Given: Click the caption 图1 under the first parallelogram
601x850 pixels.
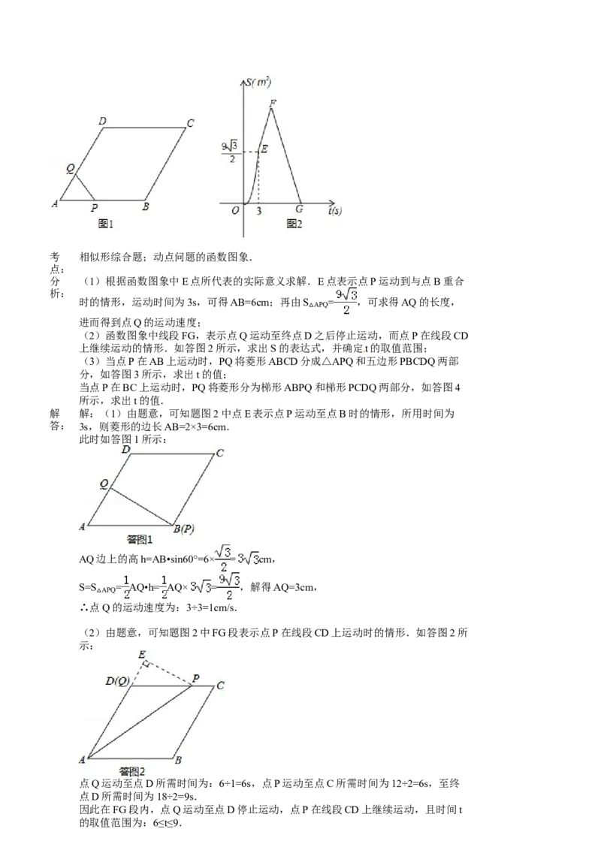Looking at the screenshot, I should tap(105, 223).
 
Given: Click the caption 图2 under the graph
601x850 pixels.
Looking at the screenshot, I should tap(294, 223).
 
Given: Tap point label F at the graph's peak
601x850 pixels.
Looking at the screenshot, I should tap(272, 103).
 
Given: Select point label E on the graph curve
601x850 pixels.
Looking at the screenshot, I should tap(264, 149).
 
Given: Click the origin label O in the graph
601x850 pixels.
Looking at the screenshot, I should tap(235, 210).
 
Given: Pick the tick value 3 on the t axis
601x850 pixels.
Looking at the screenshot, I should tap(258, 211).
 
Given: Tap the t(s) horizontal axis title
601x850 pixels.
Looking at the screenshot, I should tap(335, 211).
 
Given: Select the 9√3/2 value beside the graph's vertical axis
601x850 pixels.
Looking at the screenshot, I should tap(230, 152).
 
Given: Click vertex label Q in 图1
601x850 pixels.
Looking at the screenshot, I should tap(70, 170).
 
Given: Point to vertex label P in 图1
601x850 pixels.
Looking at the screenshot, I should tap(94, 208).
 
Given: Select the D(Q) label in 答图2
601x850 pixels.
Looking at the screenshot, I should tap(119, 681).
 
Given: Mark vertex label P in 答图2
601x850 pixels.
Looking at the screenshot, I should tap(195, 678).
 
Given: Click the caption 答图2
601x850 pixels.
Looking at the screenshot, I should tap(132, 770).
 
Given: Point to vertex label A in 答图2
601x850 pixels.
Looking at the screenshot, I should tap(82, 760).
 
